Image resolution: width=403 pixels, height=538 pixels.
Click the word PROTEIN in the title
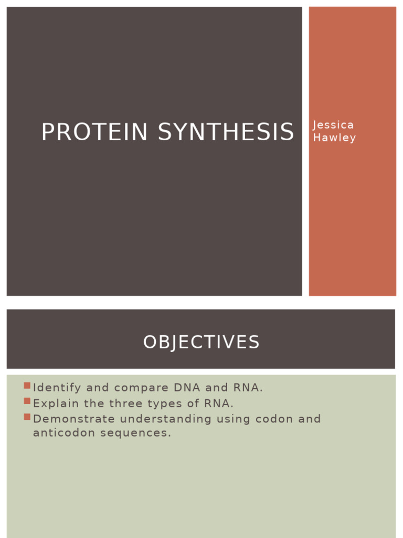pos(95,132)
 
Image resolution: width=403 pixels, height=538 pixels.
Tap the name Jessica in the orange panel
pos(333,125)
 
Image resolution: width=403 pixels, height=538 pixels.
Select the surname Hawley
pos(334,138)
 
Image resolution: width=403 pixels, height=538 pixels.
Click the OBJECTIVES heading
pos(201,343)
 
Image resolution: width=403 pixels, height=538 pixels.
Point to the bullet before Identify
pos(27,386)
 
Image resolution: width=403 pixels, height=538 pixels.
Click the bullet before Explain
pos(27,402)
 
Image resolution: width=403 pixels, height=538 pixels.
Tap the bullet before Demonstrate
pos(27,417)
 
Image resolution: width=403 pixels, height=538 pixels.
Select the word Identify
pos(57,388)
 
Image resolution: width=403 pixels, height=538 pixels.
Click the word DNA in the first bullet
pos(185,388)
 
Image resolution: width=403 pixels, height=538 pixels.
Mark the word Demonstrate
pos(73,419)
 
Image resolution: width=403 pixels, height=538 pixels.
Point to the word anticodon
pos(62,433)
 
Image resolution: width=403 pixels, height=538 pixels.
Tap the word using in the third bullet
pos(233,419)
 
